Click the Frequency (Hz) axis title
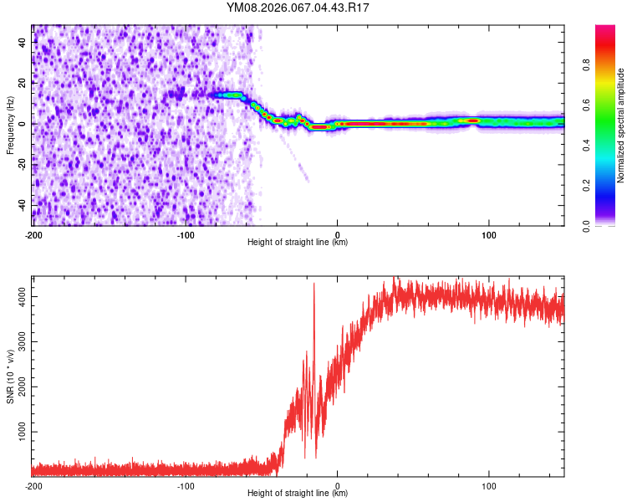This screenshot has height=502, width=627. click(11, 125)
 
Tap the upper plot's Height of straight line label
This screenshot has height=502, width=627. click(298, 242)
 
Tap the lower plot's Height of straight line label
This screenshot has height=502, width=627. click(298, 493)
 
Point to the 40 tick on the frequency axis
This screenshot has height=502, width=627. click(23, 42)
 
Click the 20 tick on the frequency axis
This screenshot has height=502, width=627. click(23, 83)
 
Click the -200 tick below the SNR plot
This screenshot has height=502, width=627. click(33, 485)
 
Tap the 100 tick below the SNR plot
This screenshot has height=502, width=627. click(489, 485)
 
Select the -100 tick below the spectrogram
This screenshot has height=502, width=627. click(186, 234)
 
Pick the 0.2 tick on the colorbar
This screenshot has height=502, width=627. click(587, 186)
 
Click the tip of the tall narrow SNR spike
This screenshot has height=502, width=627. click(314, 284)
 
